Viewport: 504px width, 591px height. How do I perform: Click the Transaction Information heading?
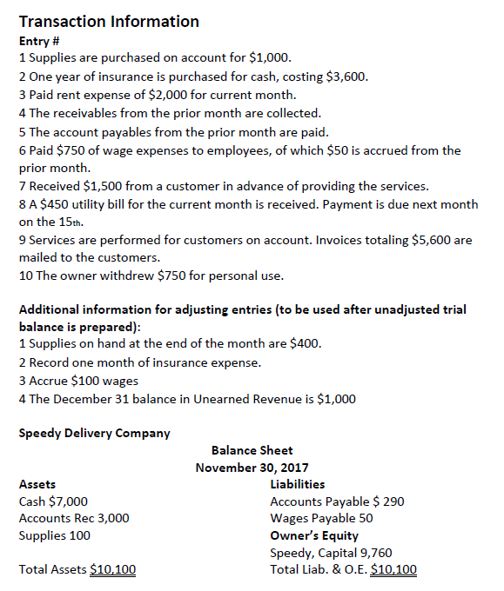coord(109,21)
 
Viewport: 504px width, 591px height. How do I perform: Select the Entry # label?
coord(41,41)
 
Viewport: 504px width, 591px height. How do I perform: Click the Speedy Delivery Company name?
coord(94,433)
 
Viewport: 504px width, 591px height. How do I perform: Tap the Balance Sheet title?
coord(252,450)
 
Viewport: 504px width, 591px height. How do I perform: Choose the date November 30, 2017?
coord(252,468)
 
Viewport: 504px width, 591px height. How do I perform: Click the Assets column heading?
coord(37,484)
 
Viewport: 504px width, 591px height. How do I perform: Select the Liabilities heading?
coord(298,484)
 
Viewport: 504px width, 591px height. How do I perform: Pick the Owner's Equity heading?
coord(314,535)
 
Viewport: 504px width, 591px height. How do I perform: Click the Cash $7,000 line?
coord(52,501)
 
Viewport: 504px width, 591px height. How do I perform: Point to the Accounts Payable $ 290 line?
coord(337,501)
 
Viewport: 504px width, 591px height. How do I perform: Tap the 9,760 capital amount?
coord(373,553)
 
